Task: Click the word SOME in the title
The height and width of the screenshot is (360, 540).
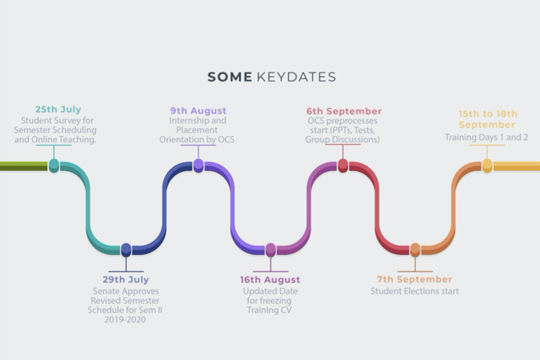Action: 230,77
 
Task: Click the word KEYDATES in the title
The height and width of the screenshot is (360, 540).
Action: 296,77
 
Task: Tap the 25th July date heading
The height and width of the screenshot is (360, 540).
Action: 58,109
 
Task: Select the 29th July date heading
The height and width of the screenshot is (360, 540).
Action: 126,279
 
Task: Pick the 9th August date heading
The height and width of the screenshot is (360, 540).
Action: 199,111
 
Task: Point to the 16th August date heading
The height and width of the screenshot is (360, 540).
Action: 270,279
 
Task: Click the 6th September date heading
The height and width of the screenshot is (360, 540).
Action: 344,111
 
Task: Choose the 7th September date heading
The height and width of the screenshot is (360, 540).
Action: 414,279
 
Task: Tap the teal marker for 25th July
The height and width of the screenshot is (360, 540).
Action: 53,165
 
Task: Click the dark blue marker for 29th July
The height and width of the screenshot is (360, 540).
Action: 126,250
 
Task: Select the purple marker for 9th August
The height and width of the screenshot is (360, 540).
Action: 199,165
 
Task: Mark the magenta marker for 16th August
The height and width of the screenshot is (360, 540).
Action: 271,250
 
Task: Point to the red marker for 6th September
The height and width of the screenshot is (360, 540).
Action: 343,165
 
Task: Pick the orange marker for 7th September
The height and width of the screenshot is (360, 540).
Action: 415,250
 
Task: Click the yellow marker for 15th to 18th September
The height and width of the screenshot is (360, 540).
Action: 487,165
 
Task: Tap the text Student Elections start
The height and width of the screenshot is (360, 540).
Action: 415,291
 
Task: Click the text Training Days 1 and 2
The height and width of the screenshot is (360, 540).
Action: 487,137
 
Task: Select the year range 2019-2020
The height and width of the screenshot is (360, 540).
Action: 125,320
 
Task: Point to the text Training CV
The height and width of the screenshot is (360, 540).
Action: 269,310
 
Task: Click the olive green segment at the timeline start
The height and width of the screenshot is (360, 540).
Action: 23,166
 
